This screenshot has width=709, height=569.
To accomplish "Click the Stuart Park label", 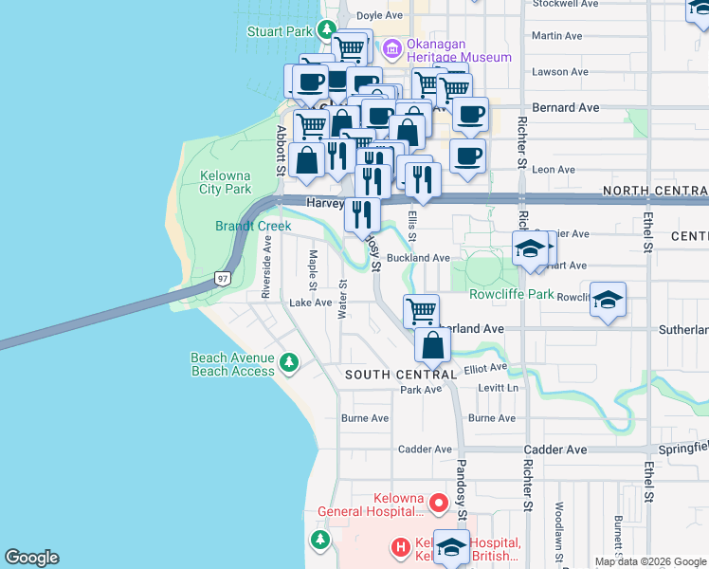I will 280,31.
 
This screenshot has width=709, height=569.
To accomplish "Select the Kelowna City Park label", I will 226,182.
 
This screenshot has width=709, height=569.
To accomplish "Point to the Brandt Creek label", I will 253,226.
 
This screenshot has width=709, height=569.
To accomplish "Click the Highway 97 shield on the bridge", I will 222,278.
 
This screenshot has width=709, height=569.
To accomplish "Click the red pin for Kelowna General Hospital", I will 438,502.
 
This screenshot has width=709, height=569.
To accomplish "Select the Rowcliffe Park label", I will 511,295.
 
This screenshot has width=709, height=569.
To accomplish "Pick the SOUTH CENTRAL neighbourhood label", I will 401,375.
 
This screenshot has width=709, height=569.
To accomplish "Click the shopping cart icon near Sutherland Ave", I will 421,310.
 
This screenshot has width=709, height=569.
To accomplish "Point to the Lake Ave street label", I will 311,303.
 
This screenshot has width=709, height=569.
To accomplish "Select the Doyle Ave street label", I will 380,15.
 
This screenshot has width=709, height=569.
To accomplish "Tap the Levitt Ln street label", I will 499,389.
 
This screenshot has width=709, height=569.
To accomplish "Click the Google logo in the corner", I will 30,558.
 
